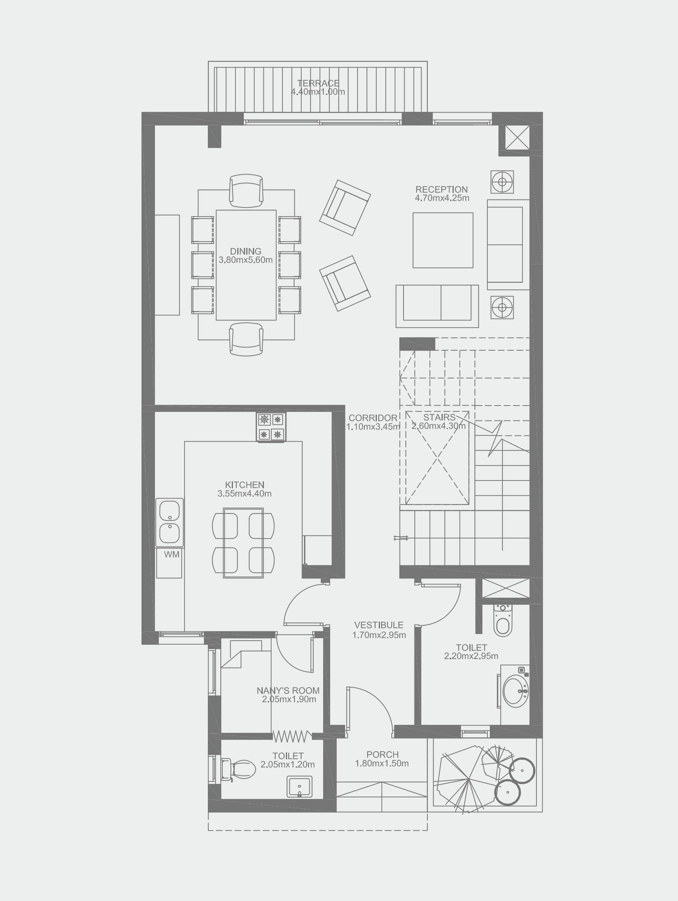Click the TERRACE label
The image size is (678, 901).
(318, 83)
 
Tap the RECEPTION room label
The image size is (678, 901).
(442, 189)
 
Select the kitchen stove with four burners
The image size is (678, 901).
(271, 427)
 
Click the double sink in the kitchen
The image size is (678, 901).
(169, 522)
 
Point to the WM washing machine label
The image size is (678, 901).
(171, 554)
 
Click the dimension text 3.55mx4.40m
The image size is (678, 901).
(244, 494)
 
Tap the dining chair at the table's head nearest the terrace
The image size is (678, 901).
(246, 189)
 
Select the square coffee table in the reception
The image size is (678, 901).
(443, 240)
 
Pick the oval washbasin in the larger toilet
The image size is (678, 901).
(515, 691)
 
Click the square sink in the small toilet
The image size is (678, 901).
(300, 786)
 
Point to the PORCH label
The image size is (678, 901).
(382, 754)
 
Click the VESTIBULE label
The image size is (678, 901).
(379, 625)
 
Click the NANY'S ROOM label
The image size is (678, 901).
(288, 690)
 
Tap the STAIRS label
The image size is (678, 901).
(439, 417)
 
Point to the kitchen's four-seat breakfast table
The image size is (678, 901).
(243, 542)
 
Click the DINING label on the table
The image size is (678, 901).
(245, 251)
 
